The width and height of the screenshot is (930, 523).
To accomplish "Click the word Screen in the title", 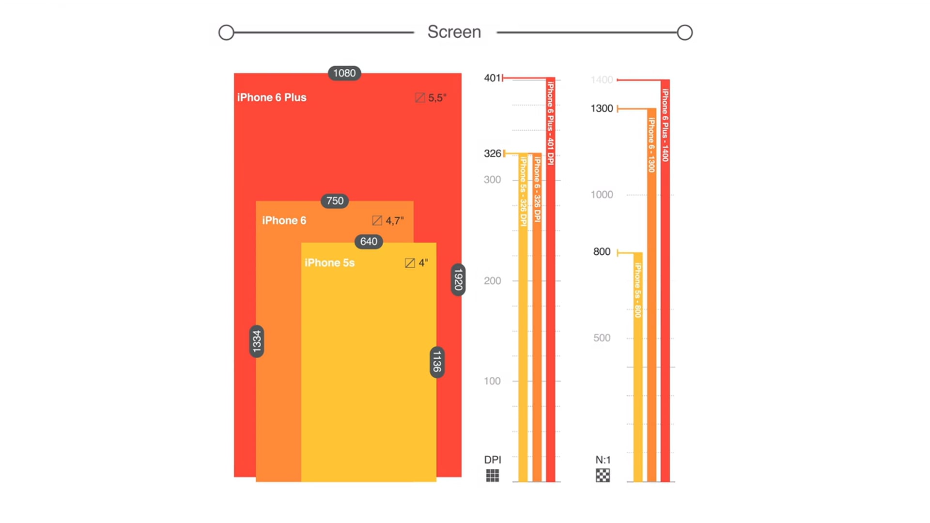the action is tap(454, 32).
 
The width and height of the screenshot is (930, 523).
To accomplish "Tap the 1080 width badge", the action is tap(344, 73).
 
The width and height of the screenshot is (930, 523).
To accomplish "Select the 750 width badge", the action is tap(335, 201).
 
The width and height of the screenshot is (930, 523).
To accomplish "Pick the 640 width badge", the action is tap(369, 242).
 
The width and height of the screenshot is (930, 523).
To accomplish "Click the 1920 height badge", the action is tap(458, 280).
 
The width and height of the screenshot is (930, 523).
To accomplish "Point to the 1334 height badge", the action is tap(257, 341).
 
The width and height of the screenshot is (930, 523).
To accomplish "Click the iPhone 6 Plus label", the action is tap(272, 97).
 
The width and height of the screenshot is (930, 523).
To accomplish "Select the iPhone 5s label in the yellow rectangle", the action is tap(329, 263).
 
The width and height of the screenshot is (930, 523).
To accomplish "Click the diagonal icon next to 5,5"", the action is tap(420, 98).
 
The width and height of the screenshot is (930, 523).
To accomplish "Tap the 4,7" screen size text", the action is tap(395, 221).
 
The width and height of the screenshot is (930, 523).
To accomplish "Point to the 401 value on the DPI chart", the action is tap(492, 78).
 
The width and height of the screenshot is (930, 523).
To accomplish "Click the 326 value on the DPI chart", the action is tap(492, 154).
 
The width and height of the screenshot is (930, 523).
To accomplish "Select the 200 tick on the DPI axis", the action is tap(492, 281).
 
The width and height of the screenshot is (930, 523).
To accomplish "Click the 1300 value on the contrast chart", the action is tap(602, 108).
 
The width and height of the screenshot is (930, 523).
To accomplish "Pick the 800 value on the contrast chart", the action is tap(602, 252).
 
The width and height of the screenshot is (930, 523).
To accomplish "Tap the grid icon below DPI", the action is tap(493, 476).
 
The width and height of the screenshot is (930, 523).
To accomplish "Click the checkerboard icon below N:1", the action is tap(603, 476).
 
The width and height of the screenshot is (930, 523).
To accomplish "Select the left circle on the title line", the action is tap(226, 32).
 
